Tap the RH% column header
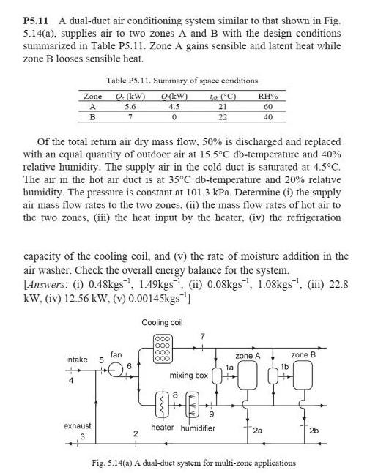pos(272,96)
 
